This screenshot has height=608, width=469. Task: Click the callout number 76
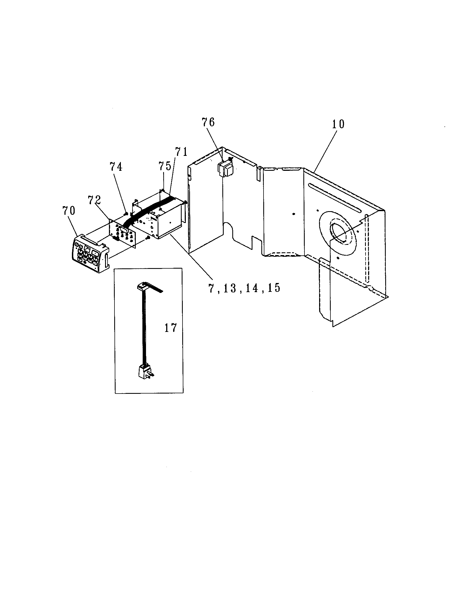(x=209, y=122)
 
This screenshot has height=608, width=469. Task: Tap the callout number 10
(x=338, y=124)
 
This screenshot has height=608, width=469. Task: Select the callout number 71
(x=181, y=152)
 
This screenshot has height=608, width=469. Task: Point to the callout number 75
(x=165, y=166)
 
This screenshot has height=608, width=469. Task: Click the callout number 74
(x=116, y=167)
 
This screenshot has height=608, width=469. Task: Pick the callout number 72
(x=94, y=200)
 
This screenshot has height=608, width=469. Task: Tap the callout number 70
(x=69, y=211)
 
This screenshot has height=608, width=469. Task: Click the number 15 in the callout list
(x=274, y=288)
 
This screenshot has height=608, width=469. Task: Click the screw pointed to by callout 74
(x=125, y=214)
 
